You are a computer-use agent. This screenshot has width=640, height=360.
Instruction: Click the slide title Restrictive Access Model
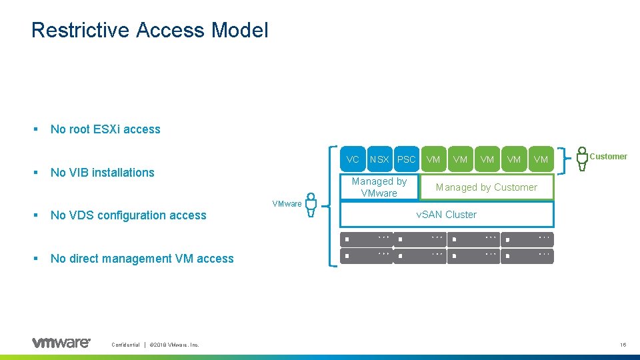point(149,30)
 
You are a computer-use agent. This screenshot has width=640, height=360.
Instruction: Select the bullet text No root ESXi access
point(105,129)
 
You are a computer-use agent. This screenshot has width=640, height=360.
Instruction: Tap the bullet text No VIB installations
point(102,173)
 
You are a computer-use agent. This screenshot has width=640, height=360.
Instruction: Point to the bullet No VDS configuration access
point(128,215)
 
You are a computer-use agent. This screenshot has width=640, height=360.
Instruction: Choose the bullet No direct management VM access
point(142,259)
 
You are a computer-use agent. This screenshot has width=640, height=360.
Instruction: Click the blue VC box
point(353,159)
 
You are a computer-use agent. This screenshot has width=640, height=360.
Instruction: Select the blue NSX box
point(379,159)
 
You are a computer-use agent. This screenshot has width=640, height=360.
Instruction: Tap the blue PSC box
point(406,159)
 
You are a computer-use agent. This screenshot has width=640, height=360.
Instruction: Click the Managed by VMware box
point(379,187)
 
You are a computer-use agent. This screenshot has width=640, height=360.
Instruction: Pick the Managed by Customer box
point(487,187)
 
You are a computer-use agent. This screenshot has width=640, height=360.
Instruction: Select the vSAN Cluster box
point(447,215)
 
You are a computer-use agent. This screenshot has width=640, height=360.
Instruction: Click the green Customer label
point(608,157)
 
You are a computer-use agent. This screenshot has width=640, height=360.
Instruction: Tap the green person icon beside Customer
point(582,158)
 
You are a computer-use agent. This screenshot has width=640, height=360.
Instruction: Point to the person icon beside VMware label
point(310,205)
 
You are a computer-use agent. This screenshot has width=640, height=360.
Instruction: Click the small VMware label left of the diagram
point(287,203)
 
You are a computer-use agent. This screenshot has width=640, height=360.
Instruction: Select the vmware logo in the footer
point(61,343)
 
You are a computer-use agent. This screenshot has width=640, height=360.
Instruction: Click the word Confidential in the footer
point(125,345)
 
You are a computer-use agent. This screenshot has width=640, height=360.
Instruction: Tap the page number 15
point(623,345)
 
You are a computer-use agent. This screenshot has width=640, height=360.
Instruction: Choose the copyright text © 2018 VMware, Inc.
point(175,345)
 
